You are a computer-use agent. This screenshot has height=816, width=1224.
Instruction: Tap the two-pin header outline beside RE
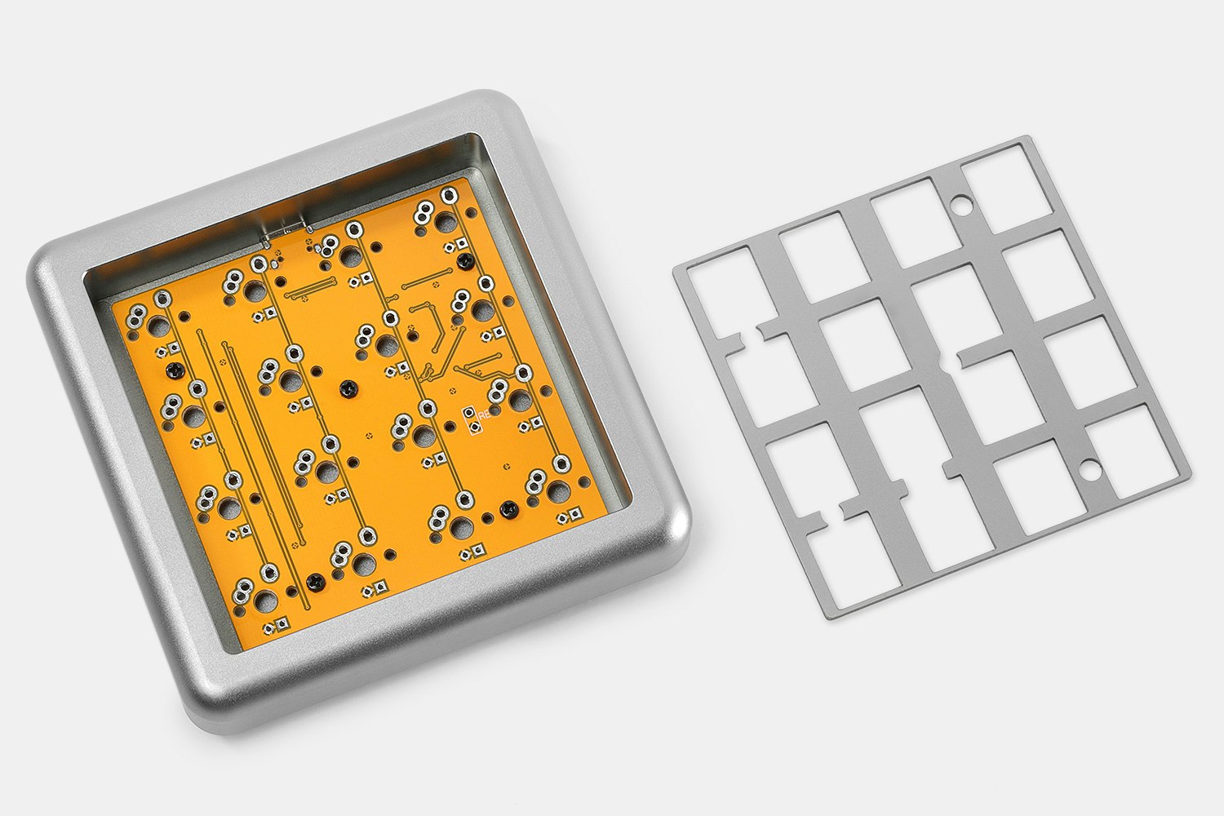[x=470, y=418]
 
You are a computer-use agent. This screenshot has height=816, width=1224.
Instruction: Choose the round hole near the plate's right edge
[x=1089, y=469]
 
